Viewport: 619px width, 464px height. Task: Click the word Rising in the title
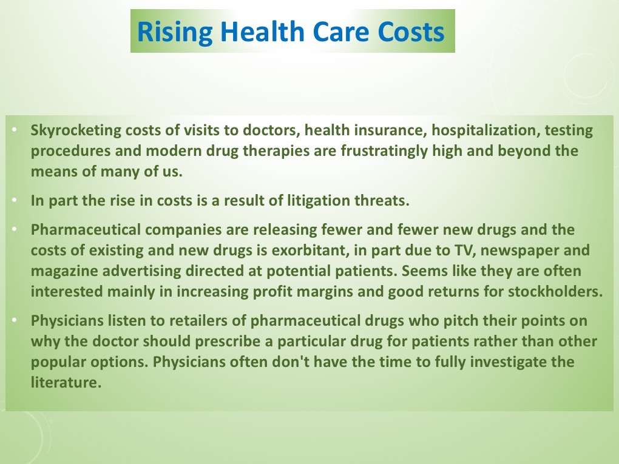click(175, 32)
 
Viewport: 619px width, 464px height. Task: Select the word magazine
click(64, 272)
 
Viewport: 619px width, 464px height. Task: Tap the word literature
click(66, 382)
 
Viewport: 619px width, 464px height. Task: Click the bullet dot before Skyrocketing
click(15, 129)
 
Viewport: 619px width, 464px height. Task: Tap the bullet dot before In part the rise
click(15, 200)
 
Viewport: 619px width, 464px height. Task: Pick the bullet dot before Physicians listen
click(15, 320)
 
